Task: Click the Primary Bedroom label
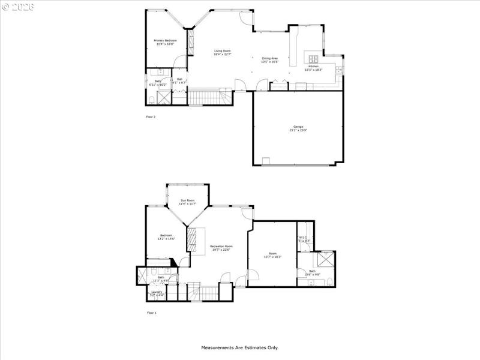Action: pyautogui.click(x=165, y=41)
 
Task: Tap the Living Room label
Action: pyautogui.click(x=223, y=51)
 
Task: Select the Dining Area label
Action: pyautogui.click(x=269, y=58)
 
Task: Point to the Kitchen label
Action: pyautogui.click(x=314, y=66)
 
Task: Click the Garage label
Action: pyautogui.click(x=298, y=127)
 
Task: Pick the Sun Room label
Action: pyautogui.click(x=188, y=200)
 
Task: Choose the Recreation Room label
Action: pyautogui.click(x=221, y=247)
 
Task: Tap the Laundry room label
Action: pyautogui.click(x=156, y=292)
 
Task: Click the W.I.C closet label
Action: pyautogui.click(x=303, y=238)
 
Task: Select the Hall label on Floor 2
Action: pyautogui.click(x=179, y=79)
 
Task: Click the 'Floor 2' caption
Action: pyautogui.click(x=151, y=116)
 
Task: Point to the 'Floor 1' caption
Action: pyautogui.click(x=151, y=313)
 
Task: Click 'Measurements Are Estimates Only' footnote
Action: pyautogui.click(x=239, y=347)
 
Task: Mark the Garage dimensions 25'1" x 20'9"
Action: pyautogui.click(x=298, y=130)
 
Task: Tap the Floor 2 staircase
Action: pyautogui.click(x=209, y=97)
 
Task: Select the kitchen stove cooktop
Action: pyautogui.click(x=313, y=59)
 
